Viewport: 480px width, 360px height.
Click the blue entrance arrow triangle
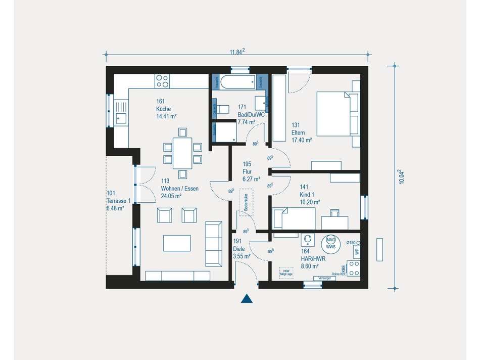pyautogui.click(x=246, y=299)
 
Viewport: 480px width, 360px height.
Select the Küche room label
pyautogui.click(x=163, y=109)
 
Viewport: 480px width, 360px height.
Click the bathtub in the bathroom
pyautogui.click(x=241, y=82)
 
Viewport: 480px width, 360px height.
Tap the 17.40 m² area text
pyautogui.click(x=301, y=140)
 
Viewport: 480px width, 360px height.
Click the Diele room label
pyautogui.click(x=238, y=249)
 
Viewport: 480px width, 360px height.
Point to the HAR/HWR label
pyautogui.click(x=313, y=258)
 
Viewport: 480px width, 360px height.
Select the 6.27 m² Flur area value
pyautogui.click(x=251, y=179)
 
